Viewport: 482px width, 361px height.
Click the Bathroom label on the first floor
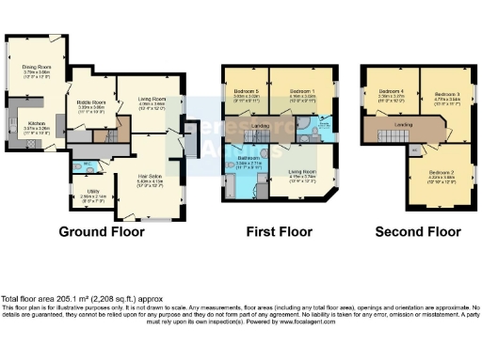pyautogui.click(x=249, y=160)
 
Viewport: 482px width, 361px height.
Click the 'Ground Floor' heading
pyautogui.click(x=101, y=231)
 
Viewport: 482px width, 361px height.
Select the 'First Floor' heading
pyautogui.click(x=280, y=231)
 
